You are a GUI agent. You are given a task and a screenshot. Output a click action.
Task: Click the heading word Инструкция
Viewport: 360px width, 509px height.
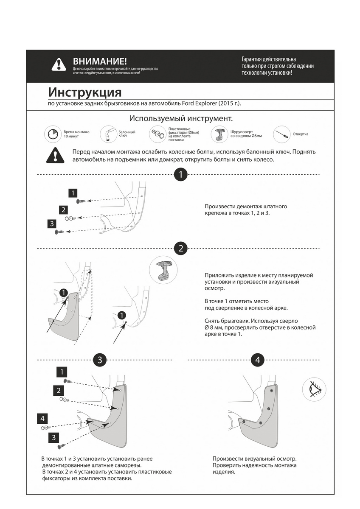pyautogui.click(x=84, y=92)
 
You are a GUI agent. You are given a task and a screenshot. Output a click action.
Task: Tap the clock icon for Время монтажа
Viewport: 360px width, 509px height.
pyautogui.click(x=52, y=134)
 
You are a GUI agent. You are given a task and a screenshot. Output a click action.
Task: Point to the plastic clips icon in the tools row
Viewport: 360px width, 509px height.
pyautogui.click(x=157, y=134)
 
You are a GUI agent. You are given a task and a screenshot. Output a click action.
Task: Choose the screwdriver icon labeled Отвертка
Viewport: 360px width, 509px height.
pyautogui.click(x=281, y=134)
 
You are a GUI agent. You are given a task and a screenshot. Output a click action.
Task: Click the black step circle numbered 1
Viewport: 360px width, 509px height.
pyautogui.click(x=181, y=174)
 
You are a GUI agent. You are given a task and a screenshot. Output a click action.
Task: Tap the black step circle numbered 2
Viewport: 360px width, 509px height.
pyautogui.click(x=181, y=248)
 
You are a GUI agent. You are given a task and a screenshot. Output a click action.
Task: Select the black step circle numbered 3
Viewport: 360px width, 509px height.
pyautogui.click(x=100, y=360)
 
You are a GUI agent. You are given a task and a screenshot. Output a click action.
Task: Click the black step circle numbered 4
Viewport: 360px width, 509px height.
pyautogui.click(x=258, y=360)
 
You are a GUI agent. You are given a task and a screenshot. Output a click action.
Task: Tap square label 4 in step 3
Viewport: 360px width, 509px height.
pyautogui.click(x=42, y=419)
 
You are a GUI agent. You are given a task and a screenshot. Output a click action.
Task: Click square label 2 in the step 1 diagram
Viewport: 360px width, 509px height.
pyautogui.click(x=63, y=210)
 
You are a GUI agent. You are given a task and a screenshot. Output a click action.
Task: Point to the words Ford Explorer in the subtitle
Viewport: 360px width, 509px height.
pyautogui.click(x=200, y=103)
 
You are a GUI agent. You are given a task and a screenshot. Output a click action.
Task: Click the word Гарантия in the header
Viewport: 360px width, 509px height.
pyautogui.click(x=252, y=59)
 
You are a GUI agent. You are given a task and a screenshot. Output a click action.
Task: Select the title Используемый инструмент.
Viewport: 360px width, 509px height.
pyautogui.click(x=181, y=118)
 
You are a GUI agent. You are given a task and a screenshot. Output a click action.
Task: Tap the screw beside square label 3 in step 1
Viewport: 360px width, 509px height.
pyautogui.click(x=59, y=232)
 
